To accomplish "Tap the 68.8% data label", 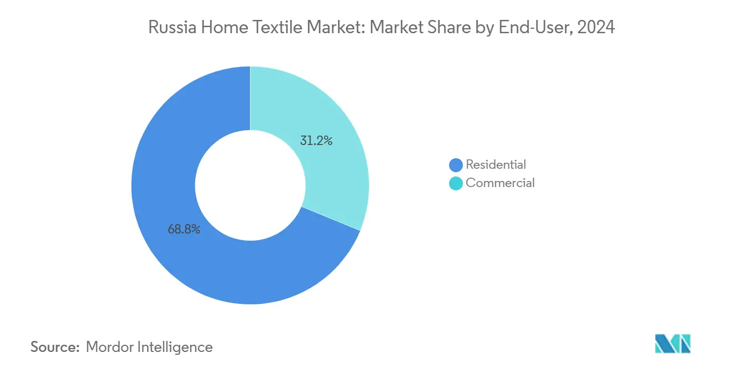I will pyautogui.click(x=184, y=229).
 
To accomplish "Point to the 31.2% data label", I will pyautogui.click(x=316, y=141).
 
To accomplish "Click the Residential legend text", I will pyautogui.click(x=496, y=164).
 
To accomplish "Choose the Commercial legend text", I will pyautogui.click(x=500, y=183).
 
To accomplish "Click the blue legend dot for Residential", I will pyautogui.click(x=456, y=165).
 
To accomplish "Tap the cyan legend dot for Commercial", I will pyautogui.click(x=456, y=183).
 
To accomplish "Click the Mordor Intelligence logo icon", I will pyautogui.click(x=672, y=344).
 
